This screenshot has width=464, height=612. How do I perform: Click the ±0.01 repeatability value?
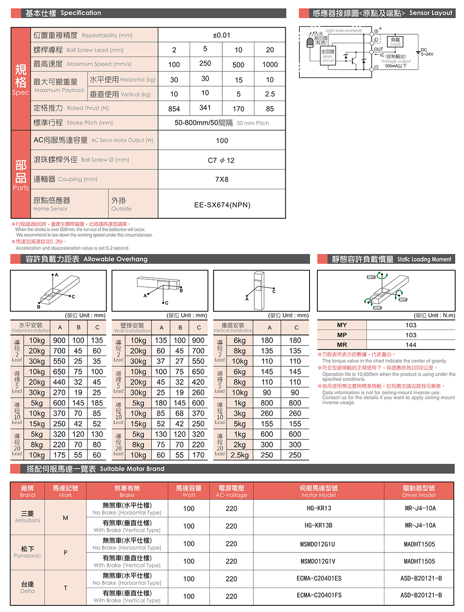click(221, 35)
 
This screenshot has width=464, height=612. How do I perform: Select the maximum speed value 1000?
click(270, 64)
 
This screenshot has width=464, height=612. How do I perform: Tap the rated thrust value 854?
click(174, 109)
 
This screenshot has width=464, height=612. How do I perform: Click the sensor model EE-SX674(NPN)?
click(222, 205)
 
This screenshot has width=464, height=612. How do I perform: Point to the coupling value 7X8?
click(221, 179)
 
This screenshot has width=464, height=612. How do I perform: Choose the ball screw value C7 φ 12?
click(221, 160)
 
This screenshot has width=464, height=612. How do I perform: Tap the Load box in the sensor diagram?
click(395, 42)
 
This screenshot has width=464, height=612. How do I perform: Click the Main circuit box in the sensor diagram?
click(327, 56)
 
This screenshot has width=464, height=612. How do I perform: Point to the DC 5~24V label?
click(426, 52)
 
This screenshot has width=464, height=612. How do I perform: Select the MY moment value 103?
click(411, 325)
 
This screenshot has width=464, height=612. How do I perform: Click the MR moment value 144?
click(411, 345)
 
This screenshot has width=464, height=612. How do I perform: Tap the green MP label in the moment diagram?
click(403, 299)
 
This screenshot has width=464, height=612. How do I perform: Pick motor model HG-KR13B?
click(319, 525)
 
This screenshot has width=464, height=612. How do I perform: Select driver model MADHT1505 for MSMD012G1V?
click(419, 561)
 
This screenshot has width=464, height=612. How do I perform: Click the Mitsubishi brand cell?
click(28, 517)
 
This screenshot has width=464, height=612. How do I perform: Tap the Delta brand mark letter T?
click(65, 588)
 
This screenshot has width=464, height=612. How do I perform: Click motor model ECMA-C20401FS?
click(319, 595)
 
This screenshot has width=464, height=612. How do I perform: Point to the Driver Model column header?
click(419, 491)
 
